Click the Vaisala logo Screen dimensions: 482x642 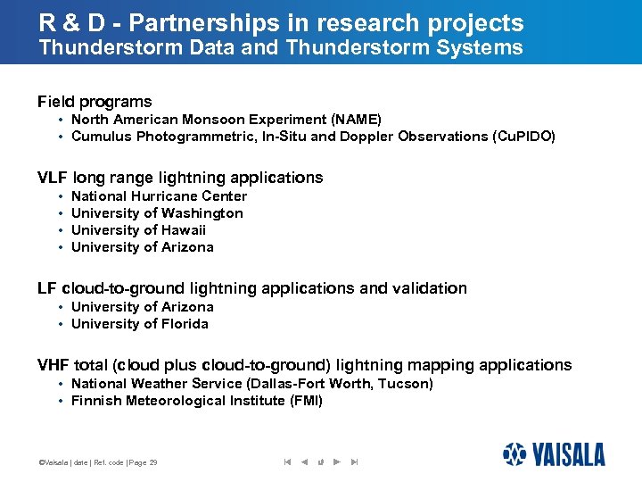point(553,454)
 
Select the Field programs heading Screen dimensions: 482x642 point(95,102)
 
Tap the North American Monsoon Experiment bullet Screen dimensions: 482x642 point(226,120)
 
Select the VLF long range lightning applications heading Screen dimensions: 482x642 point(180,178)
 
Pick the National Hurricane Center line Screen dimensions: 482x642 point(159,196)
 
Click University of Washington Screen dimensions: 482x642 point(157,213)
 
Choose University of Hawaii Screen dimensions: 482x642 point(138,230)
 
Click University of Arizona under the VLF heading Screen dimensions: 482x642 point(142,247)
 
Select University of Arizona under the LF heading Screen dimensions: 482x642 point(142,307)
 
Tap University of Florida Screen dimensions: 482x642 point(139,324)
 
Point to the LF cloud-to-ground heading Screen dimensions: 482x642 point(251,288)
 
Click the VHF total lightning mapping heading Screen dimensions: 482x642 point(304,365)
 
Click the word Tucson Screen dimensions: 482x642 point(406,384)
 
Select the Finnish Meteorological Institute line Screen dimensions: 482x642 point(196,401)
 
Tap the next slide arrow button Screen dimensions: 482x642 point(336,461)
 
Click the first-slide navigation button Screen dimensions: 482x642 point(287,461)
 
